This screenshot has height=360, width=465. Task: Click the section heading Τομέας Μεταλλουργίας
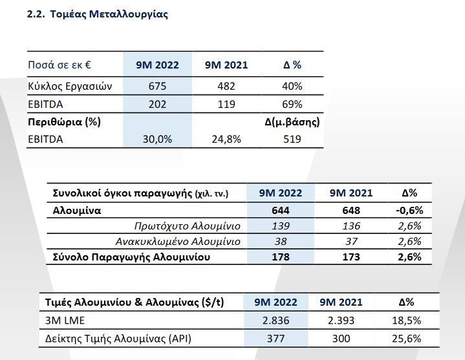tap(97, 14)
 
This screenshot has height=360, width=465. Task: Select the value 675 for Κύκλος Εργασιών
tap(157, 87)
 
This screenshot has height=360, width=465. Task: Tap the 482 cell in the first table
tap(226, 87)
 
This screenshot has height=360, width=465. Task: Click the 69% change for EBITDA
tap(292, 104)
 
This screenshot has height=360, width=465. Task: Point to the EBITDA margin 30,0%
tap(157, 138)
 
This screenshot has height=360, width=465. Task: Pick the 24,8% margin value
tap(226, 138)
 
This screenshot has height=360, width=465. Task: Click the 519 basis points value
tap(292, 138)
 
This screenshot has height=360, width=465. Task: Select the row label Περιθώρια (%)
tap(64, 122)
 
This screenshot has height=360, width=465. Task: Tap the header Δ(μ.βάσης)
tap(292, 122)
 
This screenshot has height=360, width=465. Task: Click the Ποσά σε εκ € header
tap(59, 65)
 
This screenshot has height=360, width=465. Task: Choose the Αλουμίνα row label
tap(77, 211)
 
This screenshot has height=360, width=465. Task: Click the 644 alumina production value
tap(280, 211)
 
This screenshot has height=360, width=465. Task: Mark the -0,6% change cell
tap(409, 211)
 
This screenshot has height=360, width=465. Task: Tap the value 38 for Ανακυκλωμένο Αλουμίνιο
tap(280, 242)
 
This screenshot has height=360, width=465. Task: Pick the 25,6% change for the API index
tap(406, 339)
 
